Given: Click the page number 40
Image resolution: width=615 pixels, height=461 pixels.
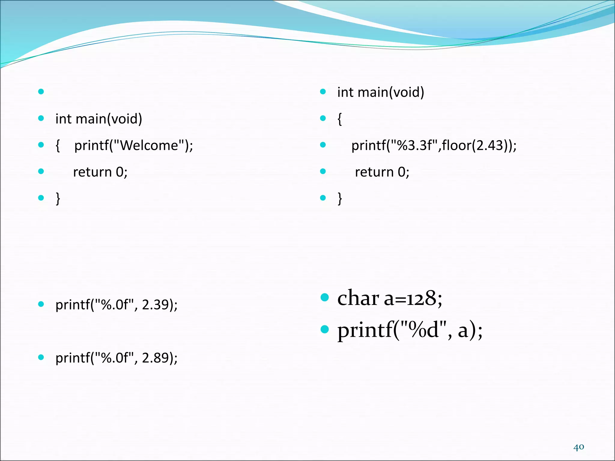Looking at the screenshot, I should [578, 447].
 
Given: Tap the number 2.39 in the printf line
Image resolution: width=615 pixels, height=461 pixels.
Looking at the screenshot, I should [155, 305].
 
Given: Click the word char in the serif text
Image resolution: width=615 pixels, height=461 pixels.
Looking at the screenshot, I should [358, 298].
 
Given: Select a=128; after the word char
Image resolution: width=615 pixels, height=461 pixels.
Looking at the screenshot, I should [413, 298].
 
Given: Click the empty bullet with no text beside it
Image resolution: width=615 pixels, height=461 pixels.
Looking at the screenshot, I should [41, 92].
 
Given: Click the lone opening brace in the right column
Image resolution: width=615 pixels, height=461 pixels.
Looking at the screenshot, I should [340, 119].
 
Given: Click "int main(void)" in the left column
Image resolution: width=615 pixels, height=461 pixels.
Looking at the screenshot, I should [99, 119].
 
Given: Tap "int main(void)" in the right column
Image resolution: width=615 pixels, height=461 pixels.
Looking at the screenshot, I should [380, 92].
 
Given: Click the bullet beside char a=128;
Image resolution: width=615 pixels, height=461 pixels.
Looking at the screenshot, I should [325, 297].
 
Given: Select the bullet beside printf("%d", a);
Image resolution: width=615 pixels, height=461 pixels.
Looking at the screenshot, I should [325, 330].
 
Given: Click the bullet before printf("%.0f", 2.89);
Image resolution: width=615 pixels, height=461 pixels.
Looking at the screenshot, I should [41, 357].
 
